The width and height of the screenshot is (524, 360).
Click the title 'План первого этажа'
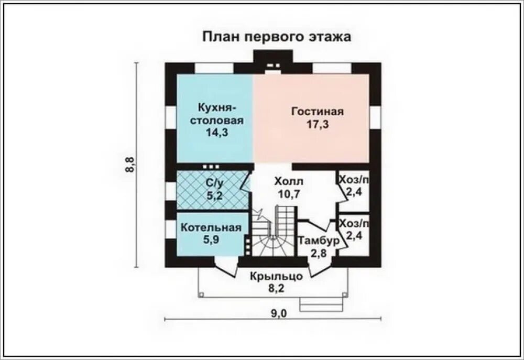276,37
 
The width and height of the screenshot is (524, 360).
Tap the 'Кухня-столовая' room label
217,114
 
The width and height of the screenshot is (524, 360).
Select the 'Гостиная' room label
318,112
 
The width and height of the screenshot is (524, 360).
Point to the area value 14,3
217,133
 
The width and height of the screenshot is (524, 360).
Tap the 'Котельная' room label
211,227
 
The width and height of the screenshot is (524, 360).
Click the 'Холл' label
289,182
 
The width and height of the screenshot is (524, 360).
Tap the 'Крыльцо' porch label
276,276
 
